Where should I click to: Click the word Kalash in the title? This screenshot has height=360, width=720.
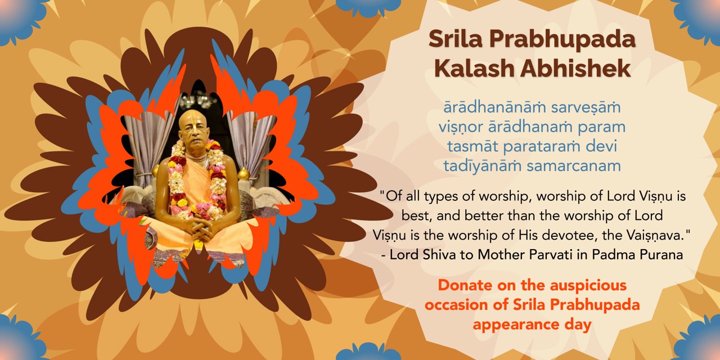pos(474,68)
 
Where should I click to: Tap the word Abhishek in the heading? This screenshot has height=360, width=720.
pos(575,68)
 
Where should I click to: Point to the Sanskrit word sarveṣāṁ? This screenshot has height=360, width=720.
pos(586,107)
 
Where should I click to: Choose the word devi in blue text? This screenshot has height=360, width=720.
pos(601,146)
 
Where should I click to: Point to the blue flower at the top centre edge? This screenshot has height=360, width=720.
pos(368,6)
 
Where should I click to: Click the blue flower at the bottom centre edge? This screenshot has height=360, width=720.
pos(368,352)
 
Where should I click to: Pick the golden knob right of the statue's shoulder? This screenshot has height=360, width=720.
pos(244,174)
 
